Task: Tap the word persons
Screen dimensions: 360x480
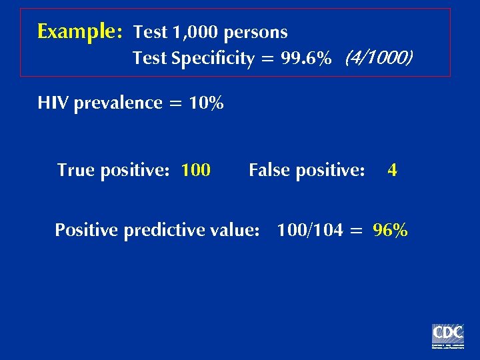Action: (x=256, y=32)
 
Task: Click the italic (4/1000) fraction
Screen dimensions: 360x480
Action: (x=379, y=59)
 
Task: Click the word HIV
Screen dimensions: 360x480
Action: (x=53, y=103)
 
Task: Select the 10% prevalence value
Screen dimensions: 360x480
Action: (x=206, y=103)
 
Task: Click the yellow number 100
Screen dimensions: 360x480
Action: (x=196, y=171)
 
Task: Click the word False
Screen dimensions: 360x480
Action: (x=269, y=171)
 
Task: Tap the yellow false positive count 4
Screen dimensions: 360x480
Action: (x=392, y=171)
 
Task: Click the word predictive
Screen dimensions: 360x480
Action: (x=156, y=231)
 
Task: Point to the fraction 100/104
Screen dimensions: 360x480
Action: (x=310, y=231)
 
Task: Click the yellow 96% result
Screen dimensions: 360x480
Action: (x=391, y=231)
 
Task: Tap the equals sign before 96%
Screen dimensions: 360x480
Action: (x=357, y=231)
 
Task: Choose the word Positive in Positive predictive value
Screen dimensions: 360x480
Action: (x=85, y=231)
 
